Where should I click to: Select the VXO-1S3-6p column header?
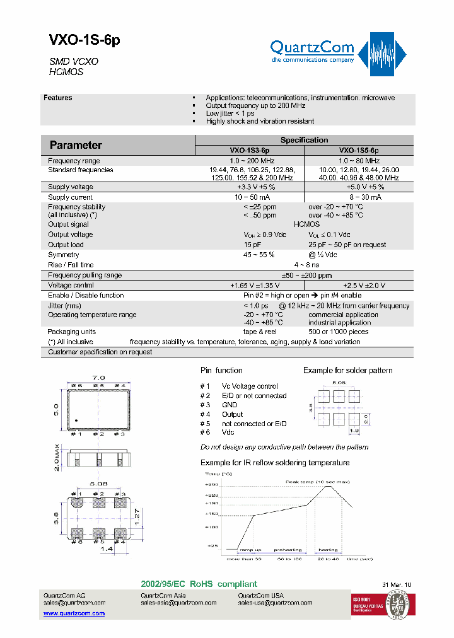point(249,151)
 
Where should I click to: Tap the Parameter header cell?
point(76,145)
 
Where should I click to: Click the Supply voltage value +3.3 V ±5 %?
point(256,187)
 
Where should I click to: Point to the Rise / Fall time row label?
point(71,265)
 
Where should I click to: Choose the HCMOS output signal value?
point(306,224)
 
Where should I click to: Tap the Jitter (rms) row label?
point(65,306)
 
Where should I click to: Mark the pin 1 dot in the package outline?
point(76,420)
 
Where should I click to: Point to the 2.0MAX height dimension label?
point(56,456)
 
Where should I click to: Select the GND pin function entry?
point(230,405)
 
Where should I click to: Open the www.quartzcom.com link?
point(74,613)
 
